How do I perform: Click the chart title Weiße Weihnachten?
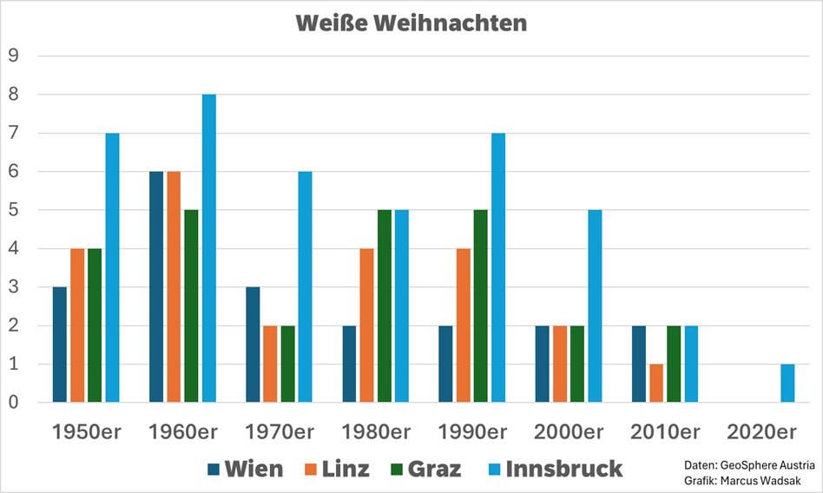[x=411, y=23]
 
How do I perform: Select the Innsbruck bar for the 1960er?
[x=208, y=248]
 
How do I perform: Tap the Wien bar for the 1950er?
[x=60, y=345]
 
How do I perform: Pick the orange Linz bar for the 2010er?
[x=656, y=383]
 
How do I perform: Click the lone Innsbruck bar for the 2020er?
[x=787, y=383]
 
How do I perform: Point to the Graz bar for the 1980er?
[x=384, y=306]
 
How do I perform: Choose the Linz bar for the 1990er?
[x=463, y=325]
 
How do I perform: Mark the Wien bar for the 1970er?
[x=253, y=345]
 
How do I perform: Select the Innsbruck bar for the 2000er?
[x=595, y=306]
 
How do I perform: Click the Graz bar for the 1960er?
[x=191, y=306]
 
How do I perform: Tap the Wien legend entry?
[x=246, y=470]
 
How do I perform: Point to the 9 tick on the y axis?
[x=13, y=56]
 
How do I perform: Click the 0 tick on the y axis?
[x=13, y=403]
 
